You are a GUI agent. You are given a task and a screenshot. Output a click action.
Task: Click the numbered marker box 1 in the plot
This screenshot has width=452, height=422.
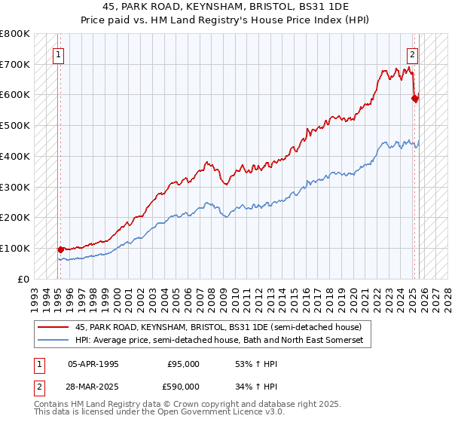58,54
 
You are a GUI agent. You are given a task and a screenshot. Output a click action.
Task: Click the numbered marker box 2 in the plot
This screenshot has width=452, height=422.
413,54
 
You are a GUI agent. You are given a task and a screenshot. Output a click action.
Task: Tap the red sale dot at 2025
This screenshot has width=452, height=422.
415,97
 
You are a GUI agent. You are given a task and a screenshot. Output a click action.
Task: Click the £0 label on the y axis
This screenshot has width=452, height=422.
23,279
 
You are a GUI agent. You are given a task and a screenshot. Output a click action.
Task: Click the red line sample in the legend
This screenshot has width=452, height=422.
53,327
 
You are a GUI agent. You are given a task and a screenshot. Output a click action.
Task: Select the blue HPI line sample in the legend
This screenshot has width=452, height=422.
53,341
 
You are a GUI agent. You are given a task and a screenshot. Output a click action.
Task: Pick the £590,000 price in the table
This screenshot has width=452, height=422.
183,388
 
